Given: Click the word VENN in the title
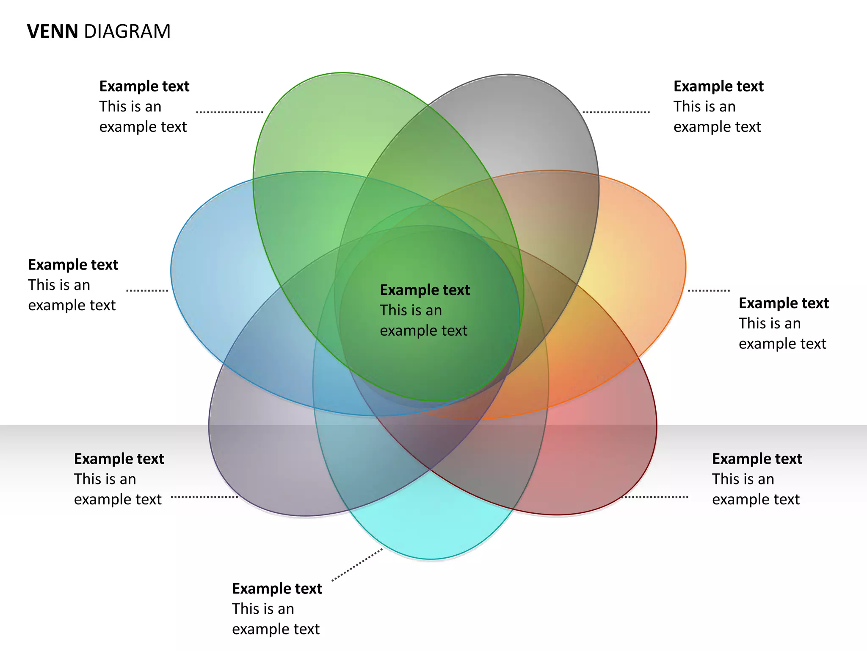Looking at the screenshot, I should click(52, 32).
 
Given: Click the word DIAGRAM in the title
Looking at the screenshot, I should click(127, 32).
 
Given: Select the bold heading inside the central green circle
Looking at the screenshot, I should click(425, 290).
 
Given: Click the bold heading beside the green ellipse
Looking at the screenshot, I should click(144, 86).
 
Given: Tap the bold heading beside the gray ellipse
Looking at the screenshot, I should click(718, 86).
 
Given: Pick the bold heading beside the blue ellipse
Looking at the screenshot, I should click(73, 265).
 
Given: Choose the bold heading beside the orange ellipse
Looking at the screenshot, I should click(784, 303).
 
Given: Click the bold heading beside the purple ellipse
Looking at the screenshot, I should click(119, 459).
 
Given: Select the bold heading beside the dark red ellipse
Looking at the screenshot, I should click(757, 459).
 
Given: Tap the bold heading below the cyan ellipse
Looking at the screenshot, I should click(277, 589).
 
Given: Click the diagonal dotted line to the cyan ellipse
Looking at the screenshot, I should click(357, 565).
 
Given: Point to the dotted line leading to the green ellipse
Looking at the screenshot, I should click(229, 112).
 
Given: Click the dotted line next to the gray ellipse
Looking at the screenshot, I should click(616, 112).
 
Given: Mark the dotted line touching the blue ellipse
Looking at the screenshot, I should click(147, 291).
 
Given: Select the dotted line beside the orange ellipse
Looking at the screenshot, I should click(709, 291).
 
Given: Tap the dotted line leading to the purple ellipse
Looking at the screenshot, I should click(204, 497).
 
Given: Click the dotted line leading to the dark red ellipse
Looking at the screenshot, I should click(655, 497).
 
